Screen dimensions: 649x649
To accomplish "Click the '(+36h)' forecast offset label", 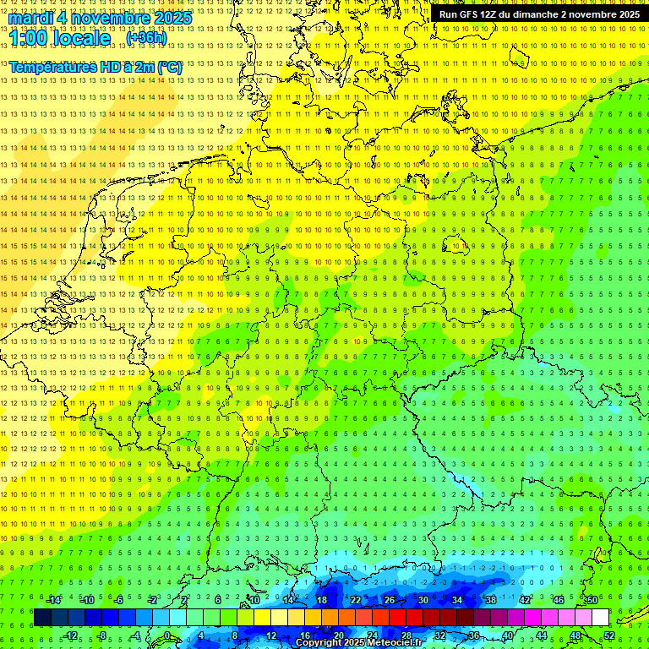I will point(146,38).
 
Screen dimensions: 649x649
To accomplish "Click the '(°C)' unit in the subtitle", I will point(168,67).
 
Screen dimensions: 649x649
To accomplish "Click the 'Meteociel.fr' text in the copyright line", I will point(394,643).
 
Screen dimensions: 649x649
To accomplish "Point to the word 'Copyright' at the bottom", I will point(319,643).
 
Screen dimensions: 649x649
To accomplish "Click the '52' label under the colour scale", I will point(608,635).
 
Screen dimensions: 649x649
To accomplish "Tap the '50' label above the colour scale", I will point(592,600).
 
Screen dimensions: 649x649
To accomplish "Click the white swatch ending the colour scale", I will point(600,618).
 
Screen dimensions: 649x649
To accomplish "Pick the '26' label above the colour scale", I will point(390,600).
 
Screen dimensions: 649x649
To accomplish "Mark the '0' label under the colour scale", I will point(167,635).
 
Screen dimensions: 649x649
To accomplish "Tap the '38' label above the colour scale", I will point(491,600).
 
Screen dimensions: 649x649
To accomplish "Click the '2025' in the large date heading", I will point(172,18).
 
